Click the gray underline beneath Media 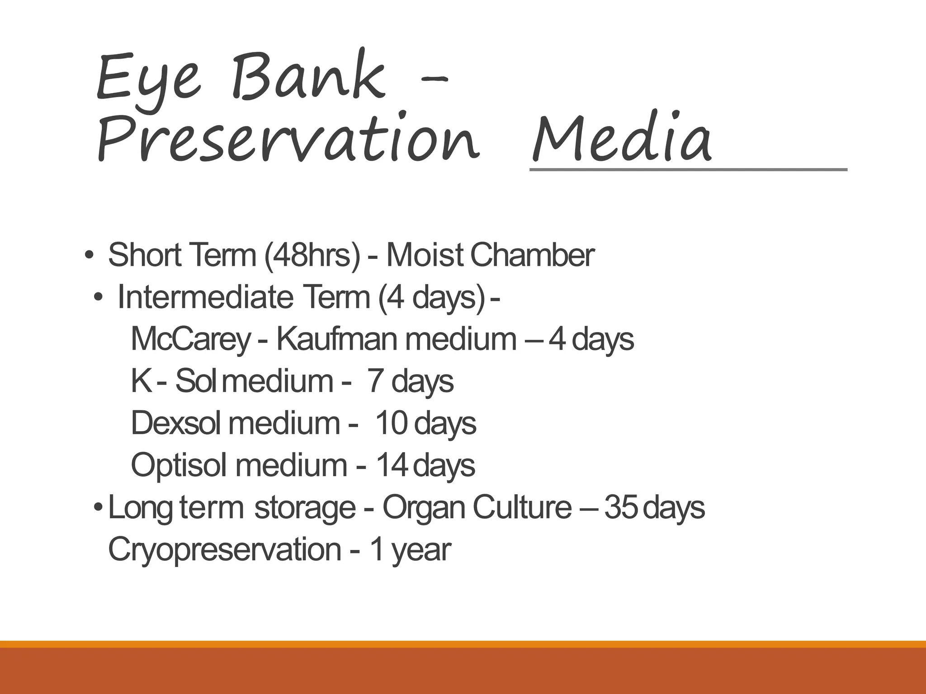687,170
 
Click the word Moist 424,255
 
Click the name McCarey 190,339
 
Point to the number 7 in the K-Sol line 375,381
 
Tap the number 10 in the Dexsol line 392,423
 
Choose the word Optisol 178,465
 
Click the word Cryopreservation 224,549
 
